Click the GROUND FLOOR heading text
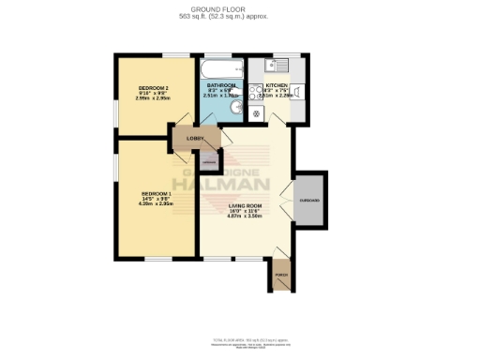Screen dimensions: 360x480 pyautogui.click(x=239, y=8)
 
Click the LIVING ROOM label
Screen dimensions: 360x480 pyautogui.click(x=245, y=205)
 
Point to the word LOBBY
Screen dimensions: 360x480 pyautogui.click(x=195, y=139)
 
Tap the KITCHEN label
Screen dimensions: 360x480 pyautogui.click(x=277, y=84)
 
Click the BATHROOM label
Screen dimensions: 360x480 pyautogui.click(x=221, y=85)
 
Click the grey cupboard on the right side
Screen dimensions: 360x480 pyautogui.click(x=310, y=201)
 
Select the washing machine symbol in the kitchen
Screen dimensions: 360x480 pyautogui.click(x=256, y=113)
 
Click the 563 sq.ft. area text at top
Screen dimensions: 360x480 pyautogui.click(x=239, y=17)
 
